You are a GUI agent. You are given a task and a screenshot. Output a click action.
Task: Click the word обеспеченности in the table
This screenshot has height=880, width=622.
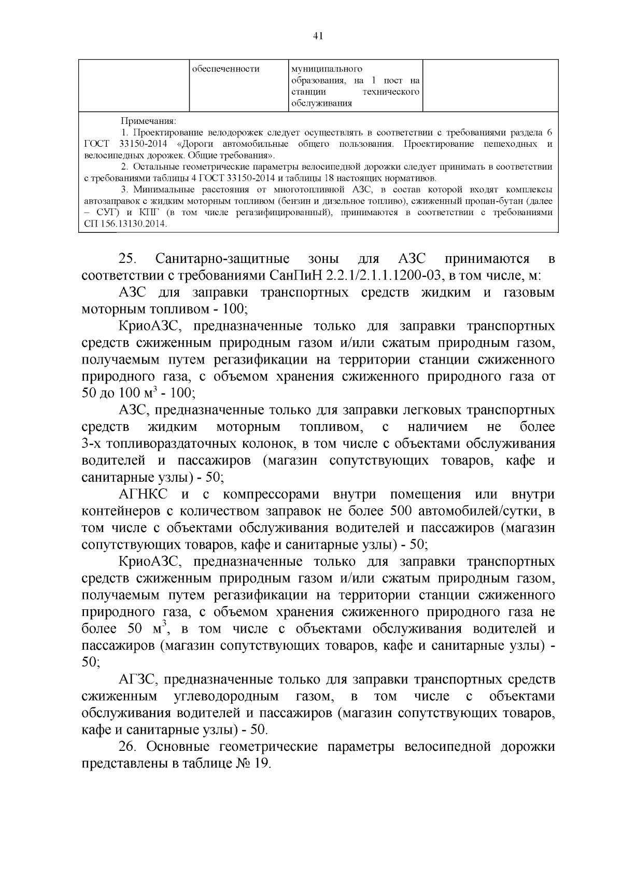225,69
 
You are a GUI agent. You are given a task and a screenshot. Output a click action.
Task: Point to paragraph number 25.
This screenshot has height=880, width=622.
127,258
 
